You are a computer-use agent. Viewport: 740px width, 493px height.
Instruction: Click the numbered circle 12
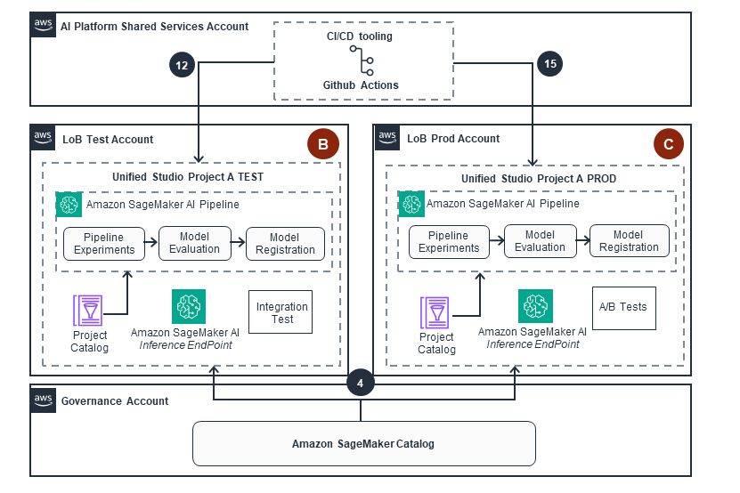[182, 64]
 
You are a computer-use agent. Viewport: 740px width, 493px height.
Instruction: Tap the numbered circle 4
[361, 383]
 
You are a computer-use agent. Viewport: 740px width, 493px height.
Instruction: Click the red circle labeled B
[322, 144]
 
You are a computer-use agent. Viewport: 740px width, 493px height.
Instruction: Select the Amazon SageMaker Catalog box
[363, 443]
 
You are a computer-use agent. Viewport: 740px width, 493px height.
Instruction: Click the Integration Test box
[281, 312]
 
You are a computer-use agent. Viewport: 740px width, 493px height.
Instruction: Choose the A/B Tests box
[624, 308]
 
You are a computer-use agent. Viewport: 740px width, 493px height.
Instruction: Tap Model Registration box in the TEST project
[285, 244]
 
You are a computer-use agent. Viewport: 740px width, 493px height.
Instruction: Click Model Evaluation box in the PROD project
[540, 241]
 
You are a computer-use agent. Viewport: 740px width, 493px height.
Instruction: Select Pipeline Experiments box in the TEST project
[103, 244]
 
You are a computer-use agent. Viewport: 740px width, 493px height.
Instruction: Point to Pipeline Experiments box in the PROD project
[449, 241]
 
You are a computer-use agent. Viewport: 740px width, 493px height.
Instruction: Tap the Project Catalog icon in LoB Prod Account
[435, 314]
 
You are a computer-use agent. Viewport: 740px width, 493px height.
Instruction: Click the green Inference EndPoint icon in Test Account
[189, 306]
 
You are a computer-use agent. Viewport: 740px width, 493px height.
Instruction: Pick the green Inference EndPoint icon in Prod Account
[535, 306]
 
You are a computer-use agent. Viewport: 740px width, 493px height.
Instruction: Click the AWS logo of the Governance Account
[44, 400]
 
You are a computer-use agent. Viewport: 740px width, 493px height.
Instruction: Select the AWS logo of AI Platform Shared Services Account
[44, 26]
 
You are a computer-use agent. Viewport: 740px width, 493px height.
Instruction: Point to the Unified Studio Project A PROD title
[539, 179]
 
